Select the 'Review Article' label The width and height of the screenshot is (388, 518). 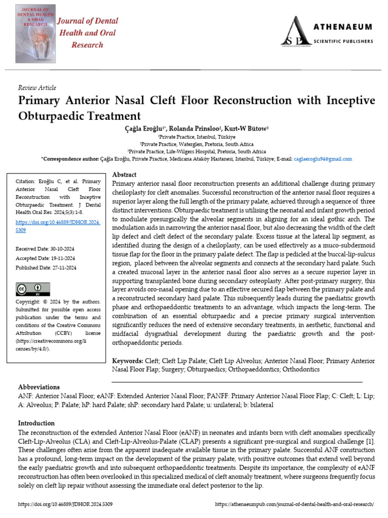[x=37, y=88]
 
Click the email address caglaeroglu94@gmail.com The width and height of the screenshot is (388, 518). [x=323, y=159]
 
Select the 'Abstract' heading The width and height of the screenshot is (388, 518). [x=124, y=175]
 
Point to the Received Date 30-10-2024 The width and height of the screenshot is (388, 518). [x=45, y=248]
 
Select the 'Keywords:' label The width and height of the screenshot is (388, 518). [x=128, y=361]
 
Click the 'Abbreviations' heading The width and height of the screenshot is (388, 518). [x=39, y=387]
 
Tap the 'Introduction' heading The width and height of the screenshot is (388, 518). [x=36, y=423]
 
